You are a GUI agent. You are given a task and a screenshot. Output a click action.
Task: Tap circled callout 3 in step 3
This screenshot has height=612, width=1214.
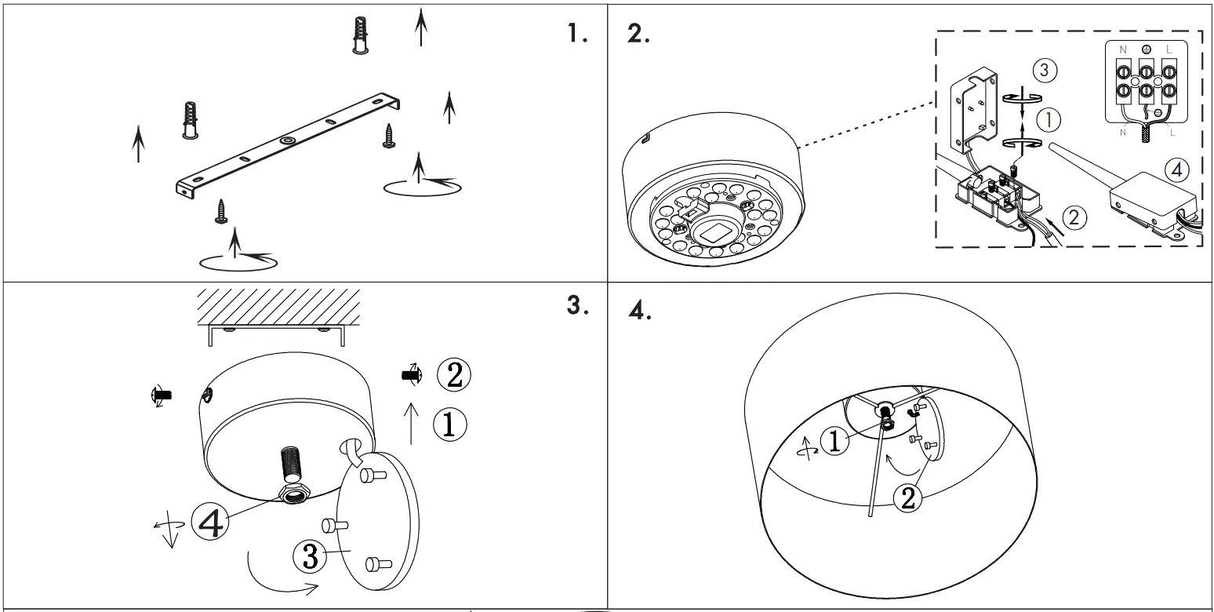pyautogui.click(x=309, y=556)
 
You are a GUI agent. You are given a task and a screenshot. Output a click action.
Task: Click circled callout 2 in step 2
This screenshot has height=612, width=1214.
pyautogui.click(x=1077, y=217)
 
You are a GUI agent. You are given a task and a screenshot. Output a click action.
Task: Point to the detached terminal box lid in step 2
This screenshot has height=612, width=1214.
pyautogui.click(x=974, y=110)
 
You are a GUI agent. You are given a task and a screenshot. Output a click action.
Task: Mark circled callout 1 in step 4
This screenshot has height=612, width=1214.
pyautogui.click(x=834, y=442)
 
